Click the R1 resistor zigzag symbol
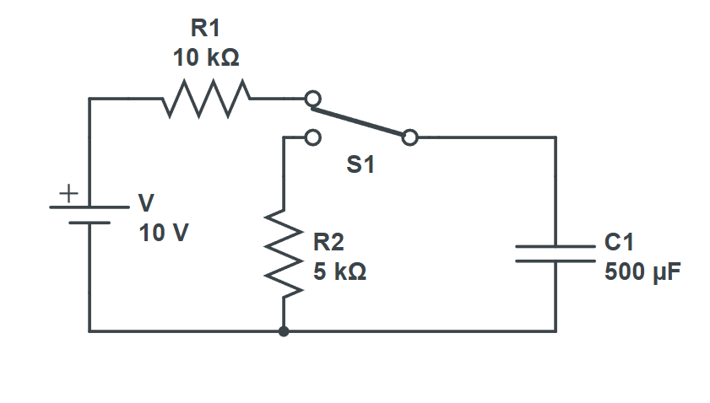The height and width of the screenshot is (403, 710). (207, 99)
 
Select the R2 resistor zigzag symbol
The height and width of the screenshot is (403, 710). (285, 253)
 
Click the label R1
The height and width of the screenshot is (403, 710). (205, 29)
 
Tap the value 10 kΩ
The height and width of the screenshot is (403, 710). (205, 58)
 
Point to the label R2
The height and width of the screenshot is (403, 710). (328, 243)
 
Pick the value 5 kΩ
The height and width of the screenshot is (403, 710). (339, 273)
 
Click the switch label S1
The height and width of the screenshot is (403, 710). (360, 166)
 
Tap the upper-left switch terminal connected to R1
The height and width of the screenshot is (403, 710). (312, 99)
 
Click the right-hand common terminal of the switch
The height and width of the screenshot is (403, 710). (409, 137)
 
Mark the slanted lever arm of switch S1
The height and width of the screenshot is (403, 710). (360, 118)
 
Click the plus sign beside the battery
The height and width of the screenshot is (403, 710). (67, 192)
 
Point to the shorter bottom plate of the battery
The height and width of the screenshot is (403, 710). (89, 223)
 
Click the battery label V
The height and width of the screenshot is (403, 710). (146, 203)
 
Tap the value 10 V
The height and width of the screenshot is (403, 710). (164, 233)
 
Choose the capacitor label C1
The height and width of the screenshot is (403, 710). (619, 243)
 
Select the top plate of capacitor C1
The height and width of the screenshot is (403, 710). (555, 247)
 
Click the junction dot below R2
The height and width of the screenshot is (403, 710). (284, 331)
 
